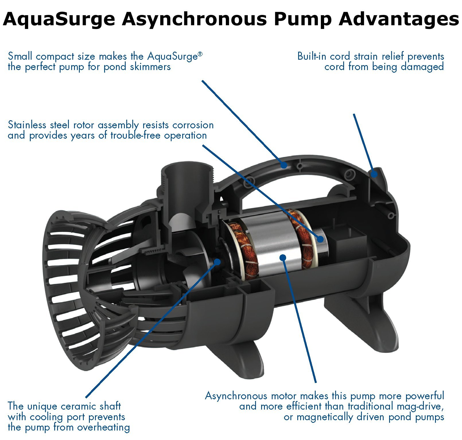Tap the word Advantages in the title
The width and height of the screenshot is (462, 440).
coord(399,19)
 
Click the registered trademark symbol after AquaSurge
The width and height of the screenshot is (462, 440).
coord(200,54)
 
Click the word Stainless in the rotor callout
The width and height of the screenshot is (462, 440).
coord(27,125)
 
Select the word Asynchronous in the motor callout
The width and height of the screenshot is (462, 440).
coord(236,396)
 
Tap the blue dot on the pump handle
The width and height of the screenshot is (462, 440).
coord(284,165)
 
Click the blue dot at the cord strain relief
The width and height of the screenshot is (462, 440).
coord(374,174)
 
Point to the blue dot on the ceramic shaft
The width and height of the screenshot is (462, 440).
coord(218,261)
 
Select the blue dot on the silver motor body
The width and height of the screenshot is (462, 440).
coord(283,257)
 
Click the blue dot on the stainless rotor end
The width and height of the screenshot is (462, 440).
coord(320,239)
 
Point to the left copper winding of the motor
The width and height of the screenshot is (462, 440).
coord(244,253)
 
